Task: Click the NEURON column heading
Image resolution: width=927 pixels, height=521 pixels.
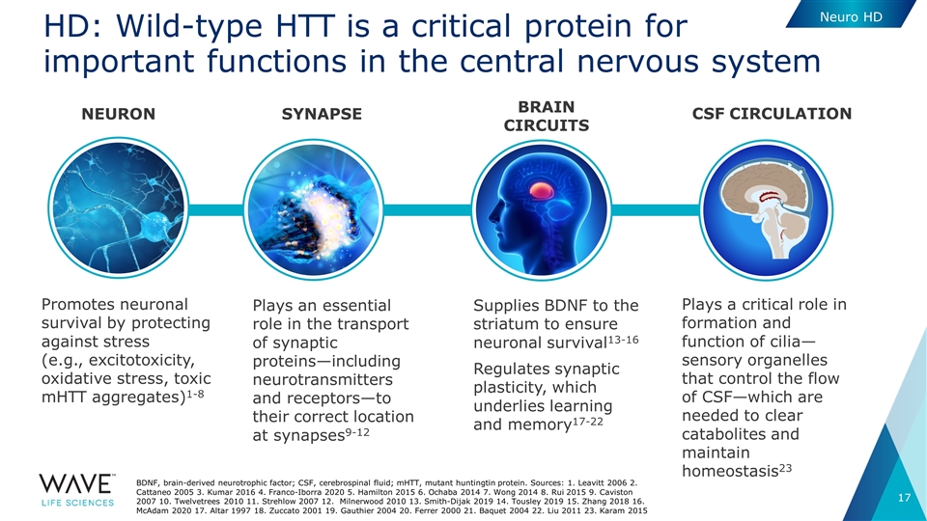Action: pyautogui.click(x=118, y=114)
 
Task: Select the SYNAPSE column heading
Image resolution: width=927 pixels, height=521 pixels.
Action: pyautogui.click(x=322, y=114)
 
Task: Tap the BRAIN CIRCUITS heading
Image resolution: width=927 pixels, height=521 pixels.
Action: pyautogui.click(x=547, y=116)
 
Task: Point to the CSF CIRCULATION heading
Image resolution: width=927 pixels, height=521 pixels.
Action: pyautogui.click(x=772, y=114)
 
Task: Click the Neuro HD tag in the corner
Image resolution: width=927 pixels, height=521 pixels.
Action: pyautogui.click(x=851, y=16)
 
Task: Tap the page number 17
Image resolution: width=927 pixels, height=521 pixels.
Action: pyautogui.click(x=904, y=498)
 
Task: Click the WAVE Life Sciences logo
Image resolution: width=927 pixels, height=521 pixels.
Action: pyautogui.click(x=77, y=490)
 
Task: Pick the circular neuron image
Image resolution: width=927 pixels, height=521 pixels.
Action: pyautogui.click(x=118, y=208)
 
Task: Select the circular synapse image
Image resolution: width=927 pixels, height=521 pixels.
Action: pyautogui.click(x=313, y=209)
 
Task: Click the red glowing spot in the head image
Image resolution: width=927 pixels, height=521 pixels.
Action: pyautogui.click(x=542, y=190)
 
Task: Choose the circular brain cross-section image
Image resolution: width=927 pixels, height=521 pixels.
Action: pyautogui.click(x=766, y=209)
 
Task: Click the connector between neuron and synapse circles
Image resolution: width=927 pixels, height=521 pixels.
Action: pyautogui.click(x=215, y=209)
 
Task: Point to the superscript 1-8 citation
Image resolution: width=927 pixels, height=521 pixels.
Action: pyautogui.click(x=195, y=394)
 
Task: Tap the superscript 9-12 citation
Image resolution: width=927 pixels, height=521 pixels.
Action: pyautogui.click(x=357, y=432)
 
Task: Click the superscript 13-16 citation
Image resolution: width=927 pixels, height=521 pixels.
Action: pyautogui.click(x=623, y=339)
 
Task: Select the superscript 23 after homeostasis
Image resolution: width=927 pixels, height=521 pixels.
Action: pyautogui.click(x=785, y=468)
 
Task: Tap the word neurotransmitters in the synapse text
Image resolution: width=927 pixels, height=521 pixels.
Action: pyautogui.click(x=323, y=379)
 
